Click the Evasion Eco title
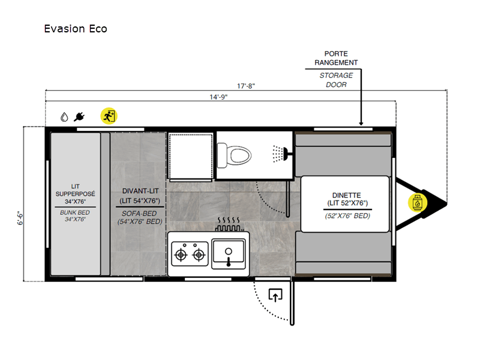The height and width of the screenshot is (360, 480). click(76, 29)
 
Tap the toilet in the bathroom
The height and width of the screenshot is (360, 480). click(234, 155)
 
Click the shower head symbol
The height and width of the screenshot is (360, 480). click(280, 154)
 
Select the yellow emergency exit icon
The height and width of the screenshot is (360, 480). click(109, 116)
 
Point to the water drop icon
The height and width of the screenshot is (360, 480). click(64, 117)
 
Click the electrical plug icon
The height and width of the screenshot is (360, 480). click(79, 116)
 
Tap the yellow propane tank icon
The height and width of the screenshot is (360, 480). click(417, 203)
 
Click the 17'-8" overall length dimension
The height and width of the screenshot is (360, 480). click(246, 86)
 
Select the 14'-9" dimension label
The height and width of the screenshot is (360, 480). click(218, 97)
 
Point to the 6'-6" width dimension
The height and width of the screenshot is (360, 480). click(20, 218)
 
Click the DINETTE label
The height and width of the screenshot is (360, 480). click(347, 196)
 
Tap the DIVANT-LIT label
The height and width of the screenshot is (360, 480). click(140, 191)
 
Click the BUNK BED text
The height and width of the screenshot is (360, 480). click(75, 212)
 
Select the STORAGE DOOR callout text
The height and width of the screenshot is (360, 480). click(336, 80)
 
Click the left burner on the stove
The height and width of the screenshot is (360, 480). click(181, 254)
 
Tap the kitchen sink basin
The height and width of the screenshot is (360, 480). click(229, 251)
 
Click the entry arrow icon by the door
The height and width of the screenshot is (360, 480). click(275, 295)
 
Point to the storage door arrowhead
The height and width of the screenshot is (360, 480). click(361, 123)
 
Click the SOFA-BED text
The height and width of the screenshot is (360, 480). click(139, 214)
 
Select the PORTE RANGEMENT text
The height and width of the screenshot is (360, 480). click(336, 58)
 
